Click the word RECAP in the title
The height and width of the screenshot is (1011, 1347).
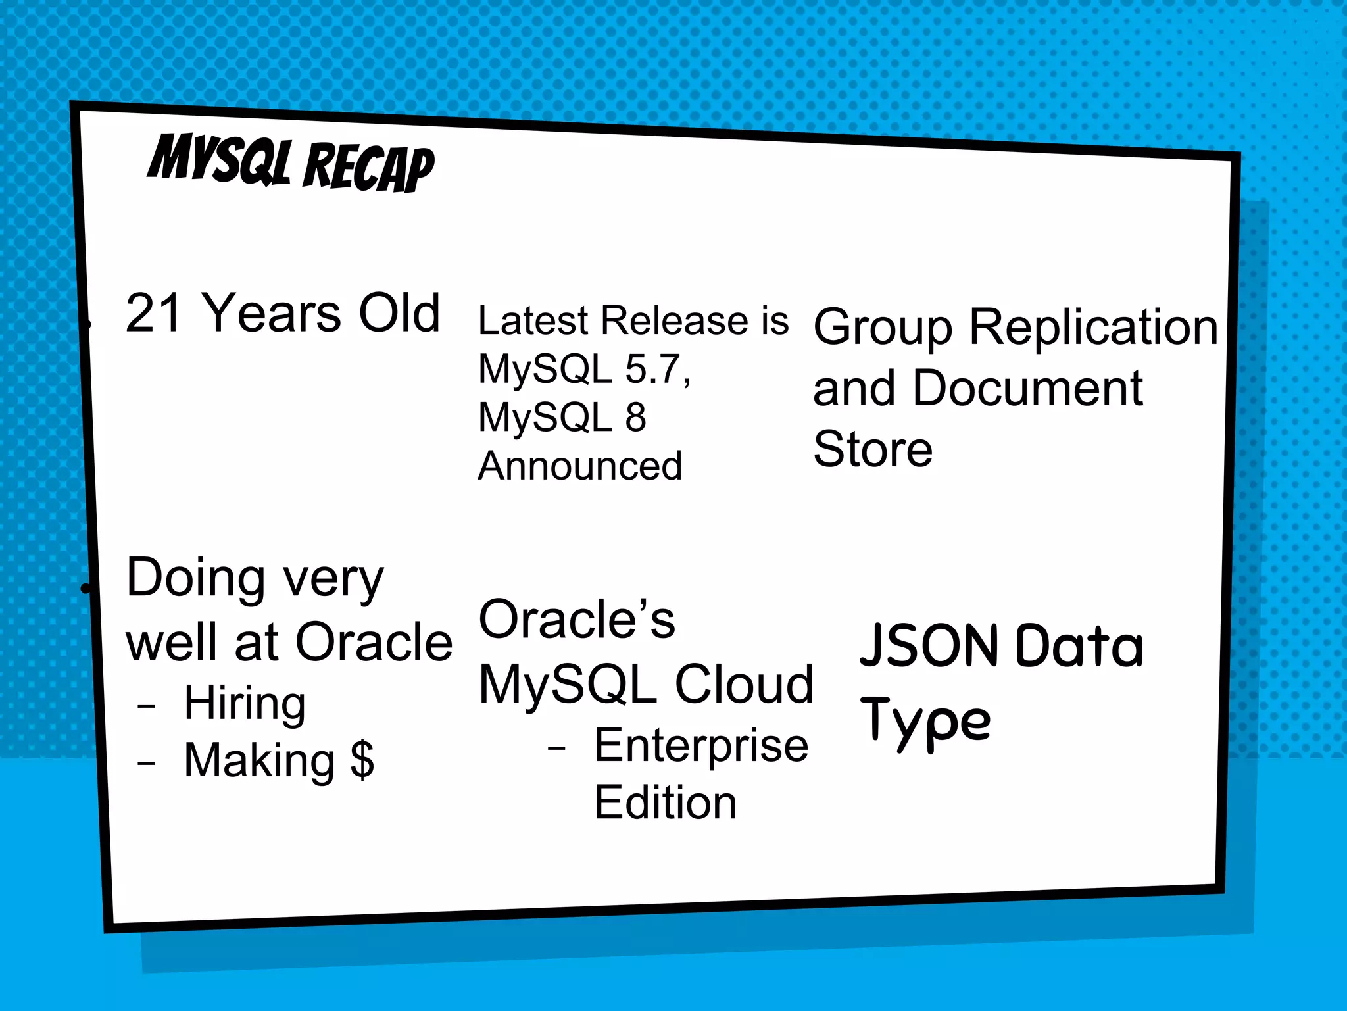pos(368,168)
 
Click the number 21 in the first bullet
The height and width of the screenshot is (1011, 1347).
pos(153,313)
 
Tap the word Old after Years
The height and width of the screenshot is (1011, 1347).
pos(399,313)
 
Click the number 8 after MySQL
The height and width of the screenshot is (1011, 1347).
pos(635,417)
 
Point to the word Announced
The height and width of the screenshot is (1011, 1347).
pos(579,466)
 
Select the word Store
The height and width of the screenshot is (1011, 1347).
pos(872,449)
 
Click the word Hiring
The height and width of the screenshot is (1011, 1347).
pos(245,703)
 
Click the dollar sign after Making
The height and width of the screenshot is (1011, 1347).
pos(362,760)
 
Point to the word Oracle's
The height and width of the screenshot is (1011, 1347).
pos(577,620)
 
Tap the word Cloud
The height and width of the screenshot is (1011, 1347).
pos(744,684)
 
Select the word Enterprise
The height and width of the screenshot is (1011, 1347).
pos(701,746)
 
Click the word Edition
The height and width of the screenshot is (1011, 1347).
pos(665,802)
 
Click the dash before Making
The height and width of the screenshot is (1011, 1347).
pos(146,764)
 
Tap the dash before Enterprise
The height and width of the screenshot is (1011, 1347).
pos(556,749)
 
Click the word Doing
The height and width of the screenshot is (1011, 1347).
pos(195,578)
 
